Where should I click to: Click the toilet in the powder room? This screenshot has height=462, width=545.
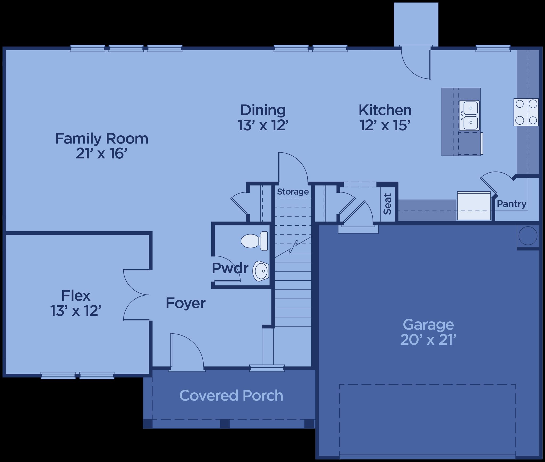click(254, 241)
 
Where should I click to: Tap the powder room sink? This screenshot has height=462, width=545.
click(261, 271)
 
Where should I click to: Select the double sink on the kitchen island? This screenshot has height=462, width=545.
click(469, 115)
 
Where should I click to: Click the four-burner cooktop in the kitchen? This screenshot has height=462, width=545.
click(526, 112)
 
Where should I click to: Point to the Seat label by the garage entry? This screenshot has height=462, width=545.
click(387, 204)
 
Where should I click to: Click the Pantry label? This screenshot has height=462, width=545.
click(512, 204)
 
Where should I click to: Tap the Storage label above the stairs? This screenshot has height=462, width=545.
click(293, 192)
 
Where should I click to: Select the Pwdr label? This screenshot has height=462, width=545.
click(230, 268)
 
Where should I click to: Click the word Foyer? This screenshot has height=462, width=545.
click(185, 303)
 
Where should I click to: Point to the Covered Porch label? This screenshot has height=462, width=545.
click(231, 395)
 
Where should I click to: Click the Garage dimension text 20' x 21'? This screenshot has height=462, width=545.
click(428, 339)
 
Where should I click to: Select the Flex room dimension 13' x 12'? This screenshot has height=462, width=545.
click(76, 310)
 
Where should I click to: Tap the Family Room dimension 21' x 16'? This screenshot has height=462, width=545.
click(101, 153)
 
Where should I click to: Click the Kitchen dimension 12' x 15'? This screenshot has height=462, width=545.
click(385, 125)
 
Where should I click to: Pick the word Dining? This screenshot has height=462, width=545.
click(263, 110)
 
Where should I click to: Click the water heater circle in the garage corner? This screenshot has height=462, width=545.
click(528, 236)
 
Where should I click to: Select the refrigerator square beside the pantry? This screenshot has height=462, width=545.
click(474, 206)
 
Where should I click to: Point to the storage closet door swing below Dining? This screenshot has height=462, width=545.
click(293, 167)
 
